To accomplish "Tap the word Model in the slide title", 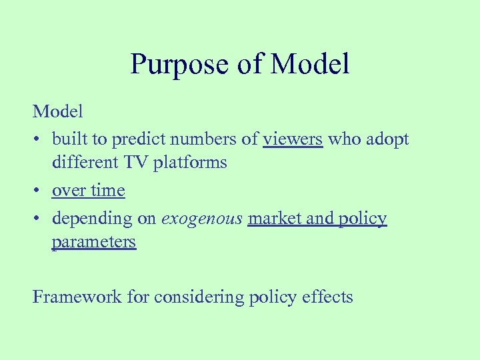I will [310, 64].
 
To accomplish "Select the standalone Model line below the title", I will [58, 111].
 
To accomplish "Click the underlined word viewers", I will [293, 139].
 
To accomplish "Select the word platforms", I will [191, 163].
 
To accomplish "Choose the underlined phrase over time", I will [89, 191].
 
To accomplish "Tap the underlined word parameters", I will [93, 242].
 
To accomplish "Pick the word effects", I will [326, 296].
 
